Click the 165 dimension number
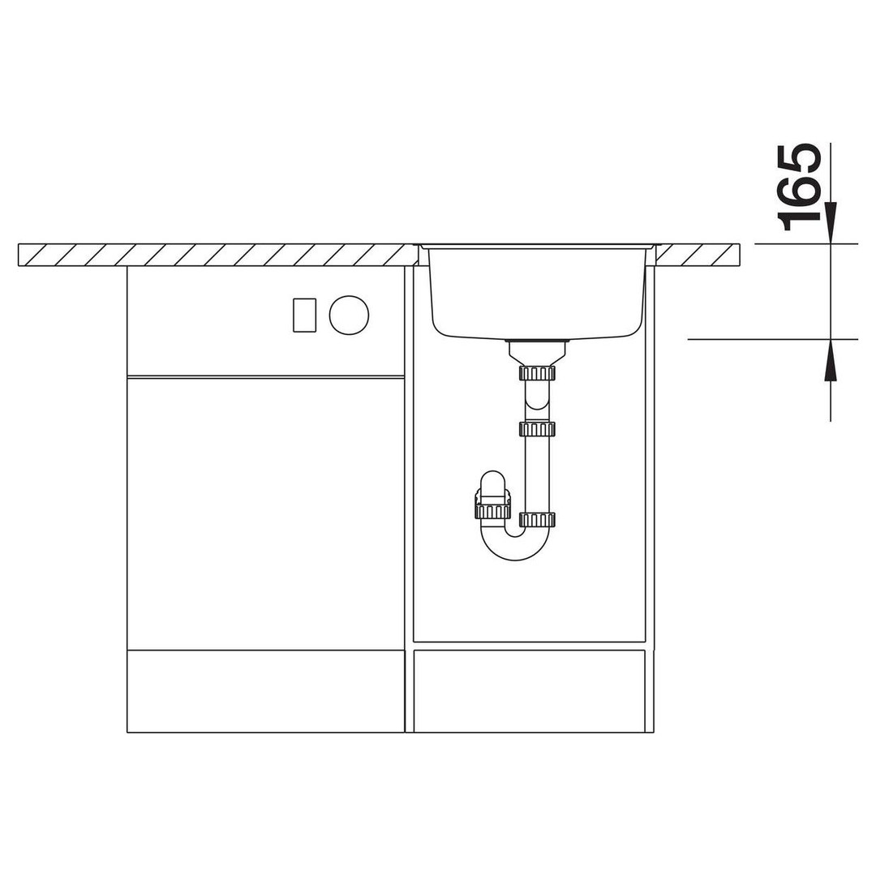799,187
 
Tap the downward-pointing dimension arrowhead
831,223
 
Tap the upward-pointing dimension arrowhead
831,360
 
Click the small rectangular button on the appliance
304,315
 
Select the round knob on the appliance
349,315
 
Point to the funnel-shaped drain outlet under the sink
537,353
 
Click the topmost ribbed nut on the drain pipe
537,373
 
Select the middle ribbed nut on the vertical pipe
537,429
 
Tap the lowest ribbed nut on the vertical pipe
537,520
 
